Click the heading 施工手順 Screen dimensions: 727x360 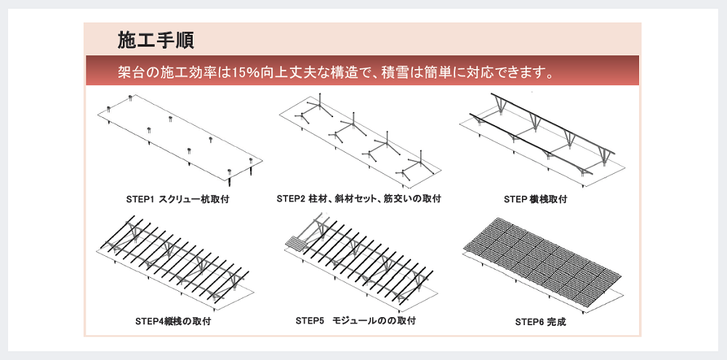[x=156, y=41]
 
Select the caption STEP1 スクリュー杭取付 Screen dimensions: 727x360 [x=177, y=199]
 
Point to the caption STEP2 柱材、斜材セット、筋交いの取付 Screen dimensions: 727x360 [x=358, y=199]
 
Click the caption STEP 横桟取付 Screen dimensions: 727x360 [x=535, y=199]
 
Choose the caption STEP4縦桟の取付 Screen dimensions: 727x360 [x=173, y=321]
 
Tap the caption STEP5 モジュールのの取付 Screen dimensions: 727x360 [x=356, y=320]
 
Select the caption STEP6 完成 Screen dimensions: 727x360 [x=540, y=321]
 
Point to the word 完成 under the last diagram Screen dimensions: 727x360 [x=556, y=321]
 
